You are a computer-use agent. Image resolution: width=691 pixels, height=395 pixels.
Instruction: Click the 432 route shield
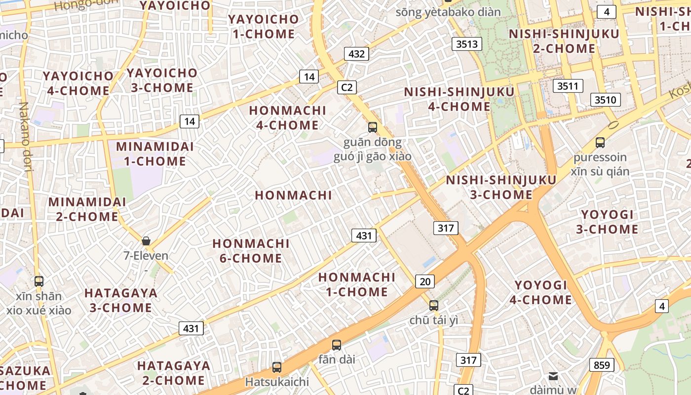[356, 54]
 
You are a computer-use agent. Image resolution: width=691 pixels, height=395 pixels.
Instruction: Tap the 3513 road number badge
[467, 44]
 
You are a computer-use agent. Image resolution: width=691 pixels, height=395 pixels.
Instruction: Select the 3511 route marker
[568, 86]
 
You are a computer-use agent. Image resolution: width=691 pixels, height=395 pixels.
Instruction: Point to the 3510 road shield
[605, 100]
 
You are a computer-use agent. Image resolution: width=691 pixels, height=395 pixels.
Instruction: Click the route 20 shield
[425, 281]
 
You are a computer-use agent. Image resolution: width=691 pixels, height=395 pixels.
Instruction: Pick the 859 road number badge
[602, 365]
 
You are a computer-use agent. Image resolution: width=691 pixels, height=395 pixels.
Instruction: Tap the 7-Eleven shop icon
[146, 241]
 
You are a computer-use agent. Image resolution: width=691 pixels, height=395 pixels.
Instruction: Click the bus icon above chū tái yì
[434, 305]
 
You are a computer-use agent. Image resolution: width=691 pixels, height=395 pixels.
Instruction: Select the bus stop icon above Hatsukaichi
[277, 367]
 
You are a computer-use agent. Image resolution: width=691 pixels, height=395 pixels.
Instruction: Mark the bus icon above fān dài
[337, 345]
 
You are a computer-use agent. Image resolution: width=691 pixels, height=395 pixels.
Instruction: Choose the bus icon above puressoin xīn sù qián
[600, 143]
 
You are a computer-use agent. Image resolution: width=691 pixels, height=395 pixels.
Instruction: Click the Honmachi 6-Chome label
[251, 251]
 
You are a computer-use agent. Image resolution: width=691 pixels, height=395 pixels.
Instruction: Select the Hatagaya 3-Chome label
[121, 300]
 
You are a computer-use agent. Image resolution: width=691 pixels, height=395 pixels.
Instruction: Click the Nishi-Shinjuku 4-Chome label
[459, 99]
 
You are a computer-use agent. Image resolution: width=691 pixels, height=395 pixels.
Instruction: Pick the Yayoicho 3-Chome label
[162, 80]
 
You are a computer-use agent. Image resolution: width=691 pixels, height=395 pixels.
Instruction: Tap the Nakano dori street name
[26, 137]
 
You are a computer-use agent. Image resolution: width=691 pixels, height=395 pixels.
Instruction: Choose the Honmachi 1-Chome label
[357, 284]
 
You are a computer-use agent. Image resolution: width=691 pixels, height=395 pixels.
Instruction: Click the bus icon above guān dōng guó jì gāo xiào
[373, 127]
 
